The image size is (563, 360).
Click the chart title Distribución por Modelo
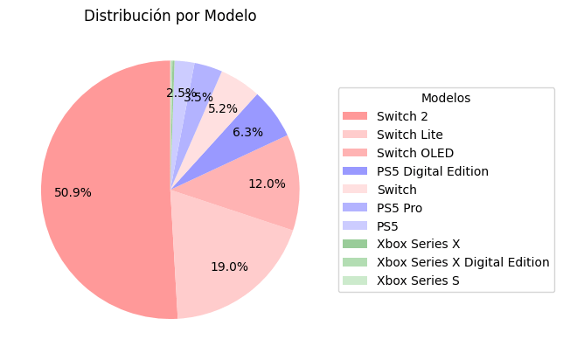(170, 16)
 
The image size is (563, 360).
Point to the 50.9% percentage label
(73, 192)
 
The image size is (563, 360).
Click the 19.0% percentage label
(229, 267)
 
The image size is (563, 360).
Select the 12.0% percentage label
(267, 183)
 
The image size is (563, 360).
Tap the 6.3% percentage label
(247, 132)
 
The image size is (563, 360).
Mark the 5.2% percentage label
(223, 108)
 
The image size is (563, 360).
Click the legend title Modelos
(446, 98)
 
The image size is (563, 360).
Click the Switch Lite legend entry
(409, 135)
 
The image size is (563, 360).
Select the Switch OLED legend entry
(414, 153)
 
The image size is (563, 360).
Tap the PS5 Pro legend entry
(400, 208)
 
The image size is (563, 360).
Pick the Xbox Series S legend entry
(417, 280)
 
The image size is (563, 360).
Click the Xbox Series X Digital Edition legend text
(462, 262)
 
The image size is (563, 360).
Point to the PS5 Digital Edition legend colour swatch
(355, 171)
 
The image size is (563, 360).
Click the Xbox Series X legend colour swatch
(355, 244)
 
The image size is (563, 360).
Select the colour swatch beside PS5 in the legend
(355, 225)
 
